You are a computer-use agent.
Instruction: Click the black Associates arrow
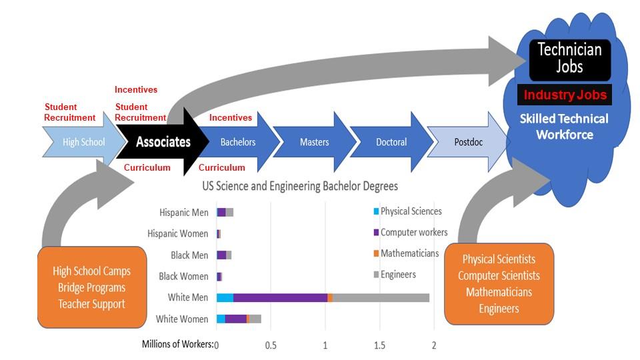pyautogui.click(x=163, y=141)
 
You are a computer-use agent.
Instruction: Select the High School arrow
pyautogui.click(x=83, y=142)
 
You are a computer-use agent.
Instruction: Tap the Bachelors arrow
pyautogui.click(x=238, y=142)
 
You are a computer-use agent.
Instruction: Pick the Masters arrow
pyautogui.click(x=314, y=142)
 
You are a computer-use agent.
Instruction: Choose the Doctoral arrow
pyautogui.click(x=391, y=142)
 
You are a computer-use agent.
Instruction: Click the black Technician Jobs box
pyautogui.click(x=569, y=58)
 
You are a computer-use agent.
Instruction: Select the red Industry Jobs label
pyautogui.click(x=565, y=95)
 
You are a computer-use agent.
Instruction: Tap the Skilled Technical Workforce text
pyautogui.click(x=564, y=127)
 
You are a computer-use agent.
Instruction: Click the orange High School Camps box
pyautogui.click(x=92, y=287)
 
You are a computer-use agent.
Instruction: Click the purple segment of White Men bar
pyautogui.click(x=280, y=298)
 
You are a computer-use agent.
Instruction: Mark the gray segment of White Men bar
pyautogui.click(x=381, y=298)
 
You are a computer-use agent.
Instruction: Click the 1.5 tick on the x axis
pyautogui.click(x=379, y=345)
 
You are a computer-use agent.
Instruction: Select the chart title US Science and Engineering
pyautogui.click(x=305, y=186)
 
